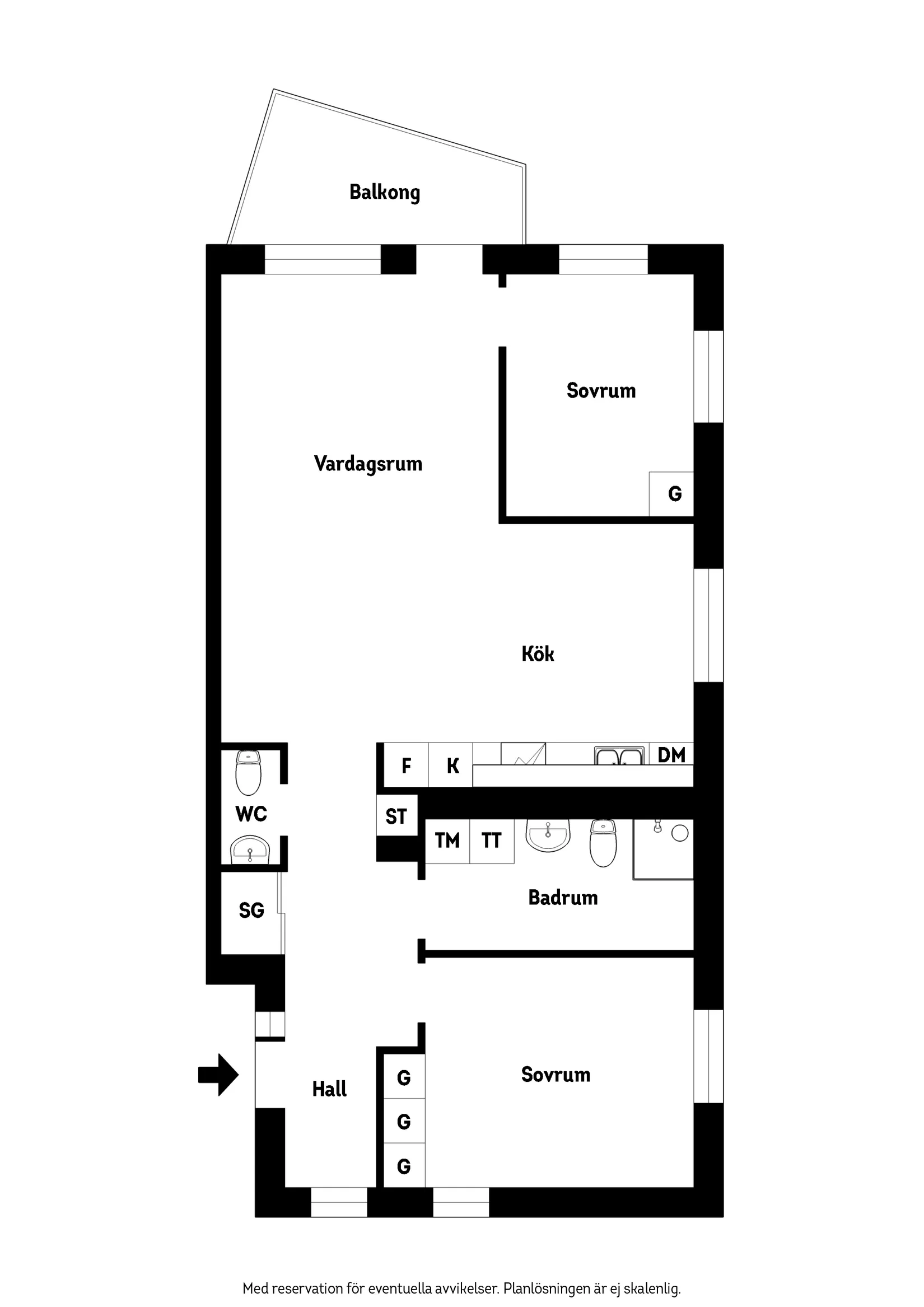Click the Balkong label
pyautogui.click(x=384, y=193)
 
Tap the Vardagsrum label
pyautogui.click(x=368, y=464)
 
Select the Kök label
pyautogui.click(x=538, y=653)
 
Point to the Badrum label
pyautogui.click(x=562, y=898)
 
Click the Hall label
pyautogui.click(x=329, y=1089)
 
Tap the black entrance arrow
pyautogui.click(x=218, y=1075)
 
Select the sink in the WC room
pyautogui.click(x=249, y=852)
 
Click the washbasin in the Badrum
pyautogui.click(x=548, y=835)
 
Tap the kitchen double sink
pyautogui.click(x=618, y=757)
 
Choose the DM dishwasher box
pyautogui.click(x=671, y=755)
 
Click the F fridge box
pyautogui.click(x=406, y=765)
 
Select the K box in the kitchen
pyautogui.click(x=452, y=765)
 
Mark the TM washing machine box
pyautogui.click(x=447, y=841)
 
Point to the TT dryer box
pyautogui.click(x=491, y=841)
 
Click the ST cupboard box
pyautogui.click(x=396, y=816)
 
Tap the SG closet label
pyautogui.click(x=251, y=910)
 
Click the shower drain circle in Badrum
pyautogui.click(x=680, y=834)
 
